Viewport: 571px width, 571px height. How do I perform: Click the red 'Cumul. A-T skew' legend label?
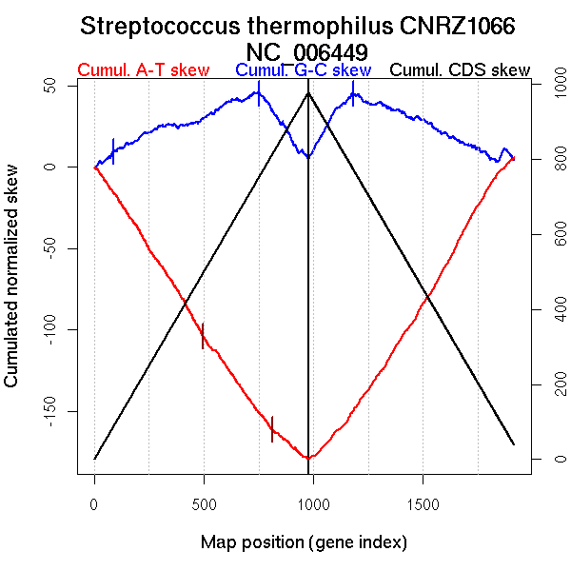(143, 70)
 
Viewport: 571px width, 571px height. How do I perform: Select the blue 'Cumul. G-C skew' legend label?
(303, 70)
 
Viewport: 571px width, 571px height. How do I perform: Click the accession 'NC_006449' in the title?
(306, 50)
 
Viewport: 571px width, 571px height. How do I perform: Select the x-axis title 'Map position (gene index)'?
(304, 542)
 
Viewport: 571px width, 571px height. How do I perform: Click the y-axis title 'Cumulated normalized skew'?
(12, 276)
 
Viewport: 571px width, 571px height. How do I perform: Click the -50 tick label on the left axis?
(60, 248)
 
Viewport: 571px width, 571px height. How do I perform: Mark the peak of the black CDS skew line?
(308, 92)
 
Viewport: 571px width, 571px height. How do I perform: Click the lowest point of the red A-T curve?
(308, 458)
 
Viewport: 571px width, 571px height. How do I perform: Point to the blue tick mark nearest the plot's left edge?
(113, 150)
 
